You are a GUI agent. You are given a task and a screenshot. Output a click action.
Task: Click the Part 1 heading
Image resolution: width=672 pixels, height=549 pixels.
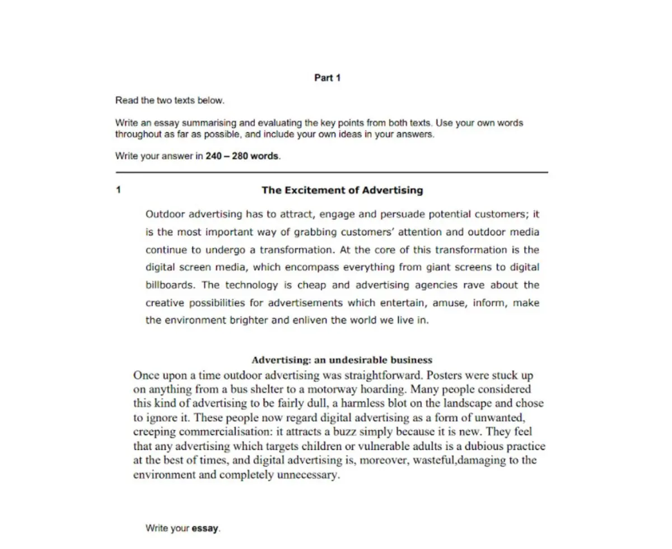328,78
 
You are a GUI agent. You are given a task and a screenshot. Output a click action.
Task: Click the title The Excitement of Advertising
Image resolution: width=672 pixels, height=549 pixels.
342,190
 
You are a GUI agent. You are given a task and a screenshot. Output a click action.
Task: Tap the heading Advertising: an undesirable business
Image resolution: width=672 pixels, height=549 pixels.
342,360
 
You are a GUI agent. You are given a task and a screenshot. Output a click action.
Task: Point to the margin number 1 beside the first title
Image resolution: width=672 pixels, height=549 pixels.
118,190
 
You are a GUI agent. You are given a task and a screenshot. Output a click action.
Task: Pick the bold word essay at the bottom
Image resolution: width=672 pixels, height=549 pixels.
205,528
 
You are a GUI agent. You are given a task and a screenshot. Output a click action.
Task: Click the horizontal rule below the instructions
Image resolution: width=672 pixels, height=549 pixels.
332,172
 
